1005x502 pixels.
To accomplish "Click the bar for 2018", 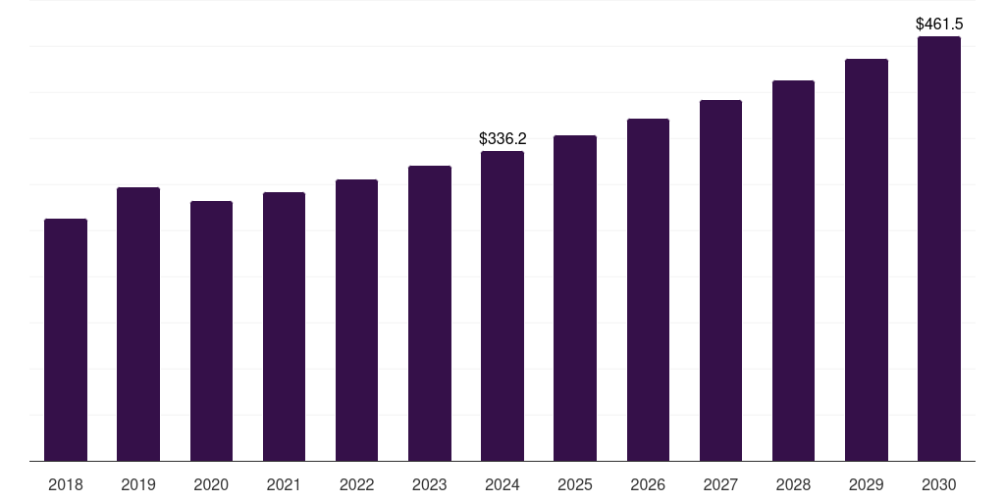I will point(66,339).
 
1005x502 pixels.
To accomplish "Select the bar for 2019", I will point(138,324).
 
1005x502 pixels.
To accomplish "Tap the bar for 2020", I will point(211,330).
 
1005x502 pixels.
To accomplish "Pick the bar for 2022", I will point(356,320).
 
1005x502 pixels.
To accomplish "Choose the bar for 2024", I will point(502,306).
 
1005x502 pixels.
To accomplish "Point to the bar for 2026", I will point(648,289).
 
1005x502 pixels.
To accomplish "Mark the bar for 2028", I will point(793,271).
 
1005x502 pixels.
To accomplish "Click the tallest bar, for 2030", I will point(938,249).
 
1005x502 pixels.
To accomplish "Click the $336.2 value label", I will point(502,139).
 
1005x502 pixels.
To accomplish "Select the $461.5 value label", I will point(939,24).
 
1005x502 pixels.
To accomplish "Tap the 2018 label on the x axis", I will point(66,484).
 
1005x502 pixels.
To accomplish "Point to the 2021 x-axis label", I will point(284,484).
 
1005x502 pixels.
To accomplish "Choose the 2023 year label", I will point(429,484).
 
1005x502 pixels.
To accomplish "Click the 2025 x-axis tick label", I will point(575,484).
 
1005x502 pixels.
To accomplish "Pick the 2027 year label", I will point(720,484).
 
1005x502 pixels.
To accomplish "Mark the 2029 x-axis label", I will point(866,484).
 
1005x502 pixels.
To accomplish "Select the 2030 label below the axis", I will point(938,484).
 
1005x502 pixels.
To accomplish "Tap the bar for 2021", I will point(284,326).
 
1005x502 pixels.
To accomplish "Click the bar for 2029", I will point(866,260).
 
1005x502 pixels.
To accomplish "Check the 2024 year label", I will point(502,484).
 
